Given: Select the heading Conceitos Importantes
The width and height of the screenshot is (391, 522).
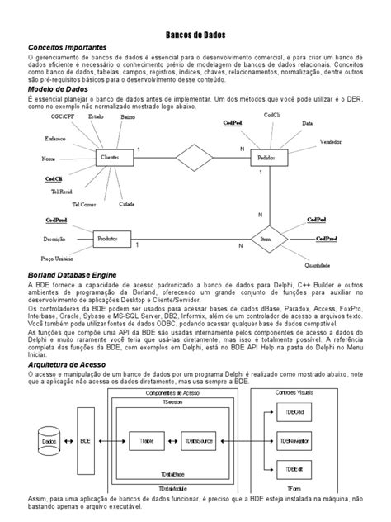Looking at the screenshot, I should [67, 49].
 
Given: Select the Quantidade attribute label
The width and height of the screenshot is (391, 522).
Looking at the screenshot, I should [318, 265].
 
